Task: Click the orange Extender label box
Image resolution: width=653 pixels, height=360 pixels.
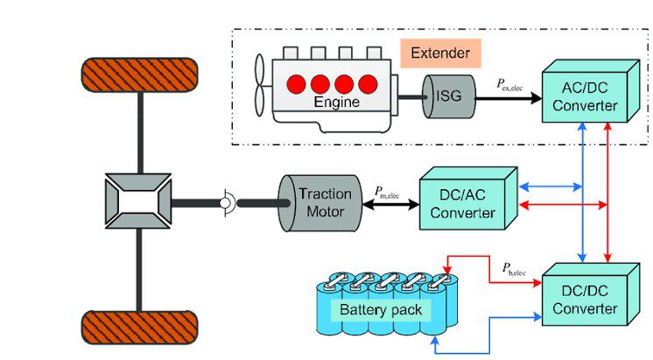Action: (440, 53)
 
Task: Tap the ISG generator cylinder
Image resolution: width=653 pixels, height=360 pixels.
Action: (449, 96)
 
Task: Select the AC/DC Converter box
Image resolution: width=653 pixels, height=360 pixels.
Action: (591, 91)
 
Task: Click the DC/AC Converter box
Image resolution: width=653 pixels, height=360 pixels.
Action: (468, 198)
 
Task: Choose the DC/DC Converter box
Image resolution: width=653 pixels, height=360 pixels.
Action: (591, 294)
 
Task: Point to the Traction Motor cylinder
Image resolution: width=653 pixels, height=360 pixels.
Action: (319, 203)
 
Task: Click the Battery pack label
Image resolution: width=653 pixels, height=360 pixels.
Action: (381, 310)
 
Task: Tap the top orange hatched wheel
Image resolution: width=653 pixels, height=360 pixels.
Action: (139, 75)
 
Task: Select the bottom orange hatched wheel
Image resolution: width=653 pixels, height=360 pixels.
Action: (139, 328)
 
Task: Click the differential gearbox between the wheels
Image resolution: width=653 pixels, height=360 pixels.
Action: (138, 201)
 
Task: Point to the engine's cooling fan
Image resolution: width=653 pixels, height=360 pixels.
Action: (259, 85)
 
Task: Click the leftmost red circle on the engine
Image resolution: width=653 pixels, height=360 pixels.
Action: (297, 84)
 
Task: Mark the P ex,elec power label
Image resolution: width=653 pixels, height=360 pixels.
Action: (509, 85)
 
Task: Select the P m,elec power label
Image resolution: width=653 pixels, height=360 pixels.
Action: (387, 193)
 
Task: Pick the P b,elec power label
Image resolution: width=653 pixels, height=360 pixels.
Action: (514, 269)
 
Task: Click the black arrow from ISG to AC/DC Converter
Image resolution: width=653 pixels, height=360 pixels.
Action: (509, 99)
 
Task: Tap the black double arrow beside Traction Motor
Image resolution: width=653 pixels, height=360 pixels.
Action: (390, 205)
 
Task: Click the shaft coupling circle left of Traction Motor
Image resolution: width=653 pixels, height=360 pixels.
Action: (225, 203)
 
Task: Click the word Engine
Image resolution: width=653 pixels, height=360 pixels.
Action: (336, 102)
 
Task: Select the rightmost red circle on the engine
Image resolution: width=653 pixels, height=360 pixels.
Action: (369, 84)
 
